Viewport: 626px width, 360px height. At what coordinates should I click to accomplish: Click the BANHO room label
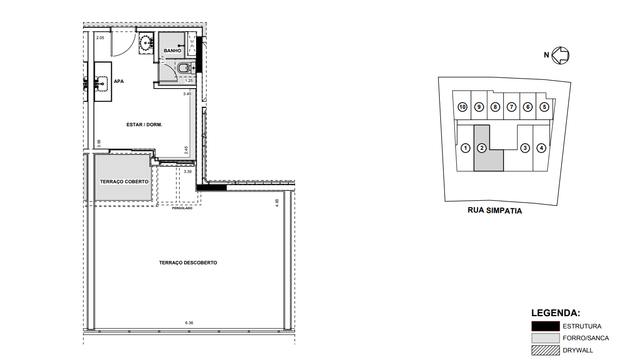[x=173, y=50]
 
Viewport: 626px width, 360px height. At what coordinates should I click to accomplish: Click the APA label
[x=119, y=81]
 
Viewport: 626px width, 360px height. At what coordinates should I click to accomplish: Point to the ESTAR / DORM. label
[x=144, y=125]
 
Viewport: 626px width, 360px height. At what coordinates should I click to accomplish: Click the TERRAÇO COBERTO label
[x=124, y=181]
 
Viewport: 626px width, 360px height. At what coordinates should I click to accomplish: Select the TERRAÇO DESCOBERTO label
[x=188, y=262]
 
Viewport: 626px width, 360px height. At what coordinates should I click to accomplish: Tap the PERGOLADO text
[x=182, y=208]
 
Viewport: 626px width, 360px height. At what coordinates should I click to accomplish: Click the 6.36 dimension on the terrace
[x=189, y=323]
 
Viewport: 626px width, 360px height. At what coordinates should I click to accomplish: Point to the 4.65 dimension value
[x=277, y=203]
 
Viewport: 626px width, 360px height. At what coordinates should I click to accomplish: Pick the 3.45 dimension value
[x=187, y=94]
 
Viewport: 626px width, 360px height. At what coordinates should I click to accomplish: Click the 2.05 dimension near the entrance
[x=99, y=37]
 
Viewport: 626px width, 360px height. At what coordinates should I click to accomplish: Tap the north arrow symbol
[x=561, y=55]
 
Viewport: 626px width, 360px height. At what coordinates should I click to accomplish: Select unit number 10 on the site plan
[x=462, y=107]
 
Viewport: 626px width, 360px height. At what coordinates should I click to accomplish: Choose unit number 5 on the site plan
[x=544, y=107]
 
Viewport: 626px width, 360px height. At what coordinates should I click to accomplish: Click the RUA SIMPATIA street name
[x=494, y=211]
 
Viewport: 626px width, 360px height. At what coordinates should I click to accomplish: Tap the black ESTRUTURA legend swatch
[x=545, y=326]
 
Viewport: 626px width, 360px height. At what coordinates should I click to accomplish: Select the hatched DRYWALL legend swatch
[x=545, y=350]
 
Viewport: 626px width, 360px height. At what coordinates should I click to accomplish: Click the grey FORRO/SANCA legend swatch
[x=545, y=338]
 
